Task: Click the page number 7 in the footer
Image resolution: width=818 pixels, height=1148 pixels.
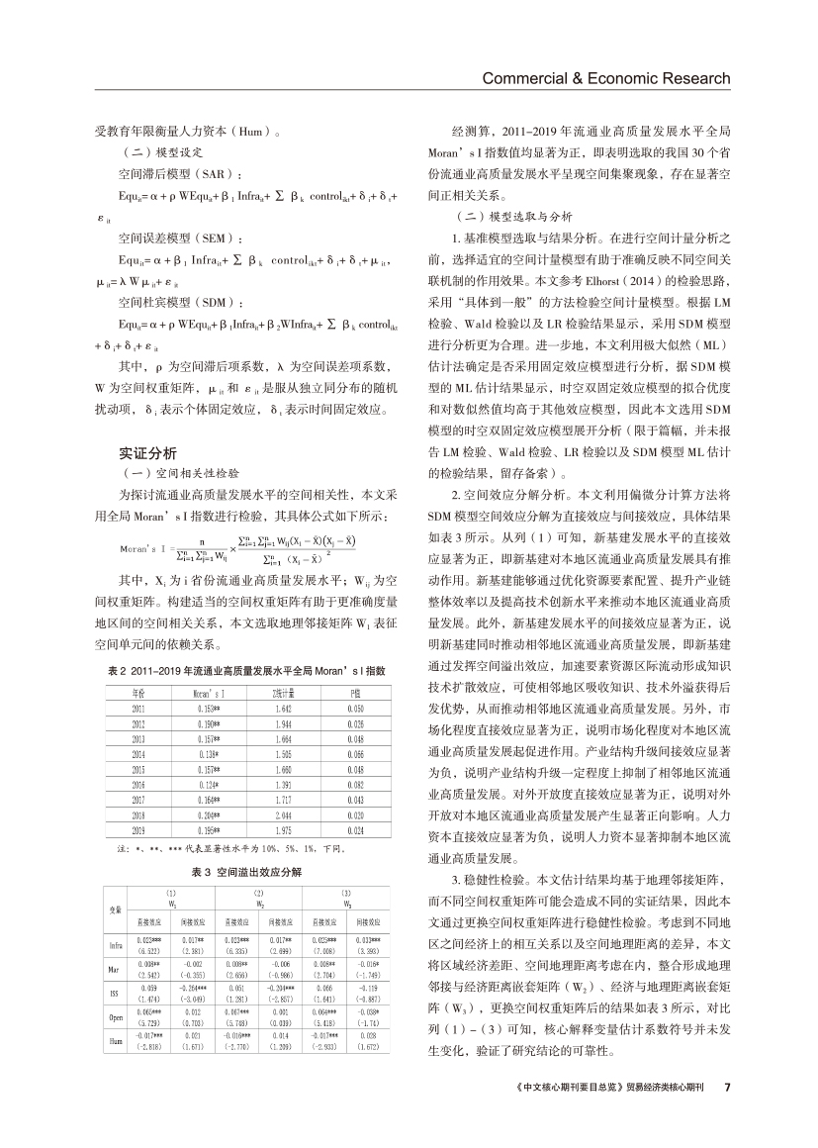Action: tap(727, 1087)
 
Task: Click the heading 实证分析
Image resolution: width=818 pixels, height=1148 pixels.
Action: tap(147, 453)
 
